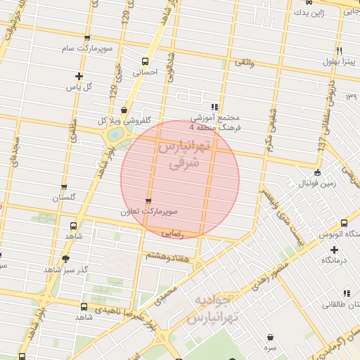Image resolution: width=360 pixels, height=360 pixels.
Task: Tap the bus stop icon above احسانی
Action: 145,61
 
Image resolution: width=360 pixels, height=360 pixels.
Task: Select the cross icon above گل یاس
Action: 79,76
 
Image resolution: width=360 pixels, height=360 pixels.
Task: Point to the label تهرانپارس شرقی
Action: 186,155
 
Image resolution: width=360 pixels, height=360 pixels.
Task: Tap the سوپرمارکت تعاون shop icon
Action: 148,200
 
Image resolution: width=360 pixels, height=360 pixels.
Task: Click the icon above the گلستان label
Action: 64,188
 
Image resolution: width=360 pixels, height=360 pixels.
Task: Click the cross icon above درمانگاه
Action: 334,250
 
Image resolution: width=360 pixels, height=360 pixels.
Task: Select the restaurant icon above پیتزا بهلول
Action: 340,51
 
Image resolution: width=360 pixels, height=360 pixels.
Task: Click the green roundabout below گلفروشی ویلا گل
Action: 115,135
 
